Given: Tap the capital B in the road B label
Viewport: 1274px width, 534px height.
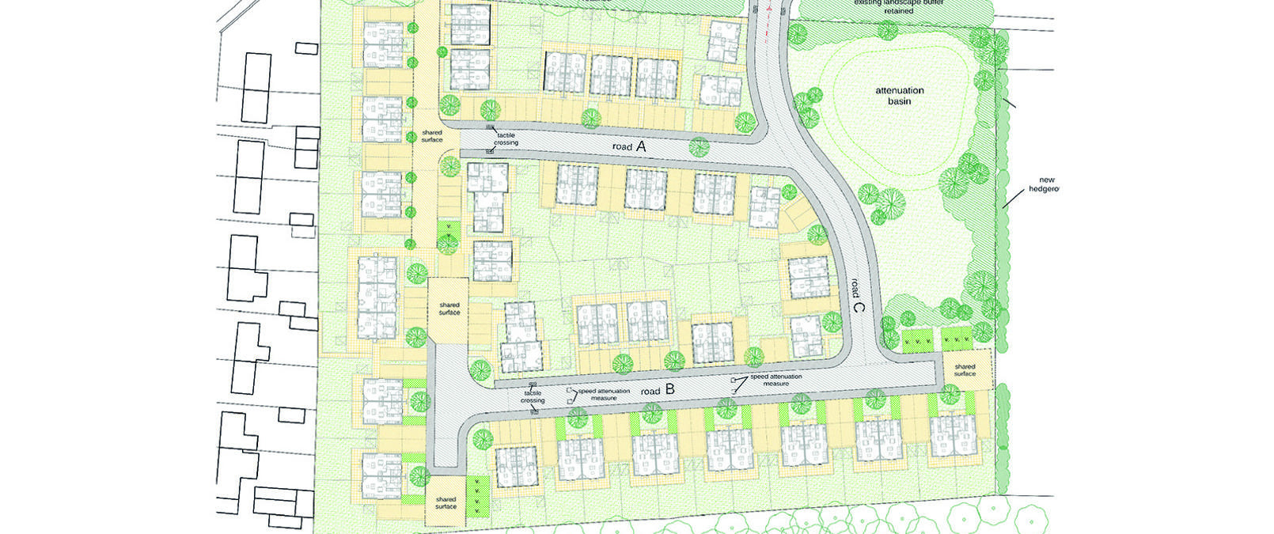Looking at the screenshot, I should tap(669, 389).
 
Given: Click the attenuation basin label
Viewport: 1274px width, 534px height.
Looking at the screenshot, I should tap(899, 96).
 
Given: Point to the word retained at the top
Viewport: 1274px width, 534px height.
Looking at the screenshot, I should tap(894, 11).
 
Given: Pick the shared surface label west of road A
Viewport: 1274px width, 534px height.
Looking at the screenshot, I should tap(432, 136).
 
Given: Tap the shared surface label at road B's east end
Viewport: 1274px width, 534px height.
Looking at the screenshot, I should tap(965, 369).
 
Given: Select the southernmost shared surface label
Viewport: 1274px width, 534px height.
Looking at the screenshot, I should tap(446, 502).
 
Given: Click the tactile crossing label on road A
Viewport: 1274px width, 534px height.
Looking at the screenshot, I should tap(506, 139).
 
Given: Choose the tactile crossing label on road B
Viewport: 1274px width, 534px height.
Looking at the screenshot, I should tap(533, 396).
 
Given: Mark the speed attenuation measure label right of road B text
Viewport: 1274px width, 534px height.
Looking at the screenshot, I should tap(775, 380).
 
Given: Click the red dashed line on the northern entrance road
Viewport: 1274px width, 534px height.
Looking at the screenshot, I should tap(769, 11).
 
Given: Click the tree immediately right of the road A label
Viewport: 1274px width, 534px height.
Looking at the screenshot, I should tap(699, 146).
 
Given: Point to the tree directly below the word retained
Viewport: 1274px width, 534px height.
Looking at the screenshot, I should tap(888, 30).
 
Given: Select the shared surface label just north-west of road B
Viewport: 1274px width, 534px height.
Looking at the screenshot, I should tap(449, 309).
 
